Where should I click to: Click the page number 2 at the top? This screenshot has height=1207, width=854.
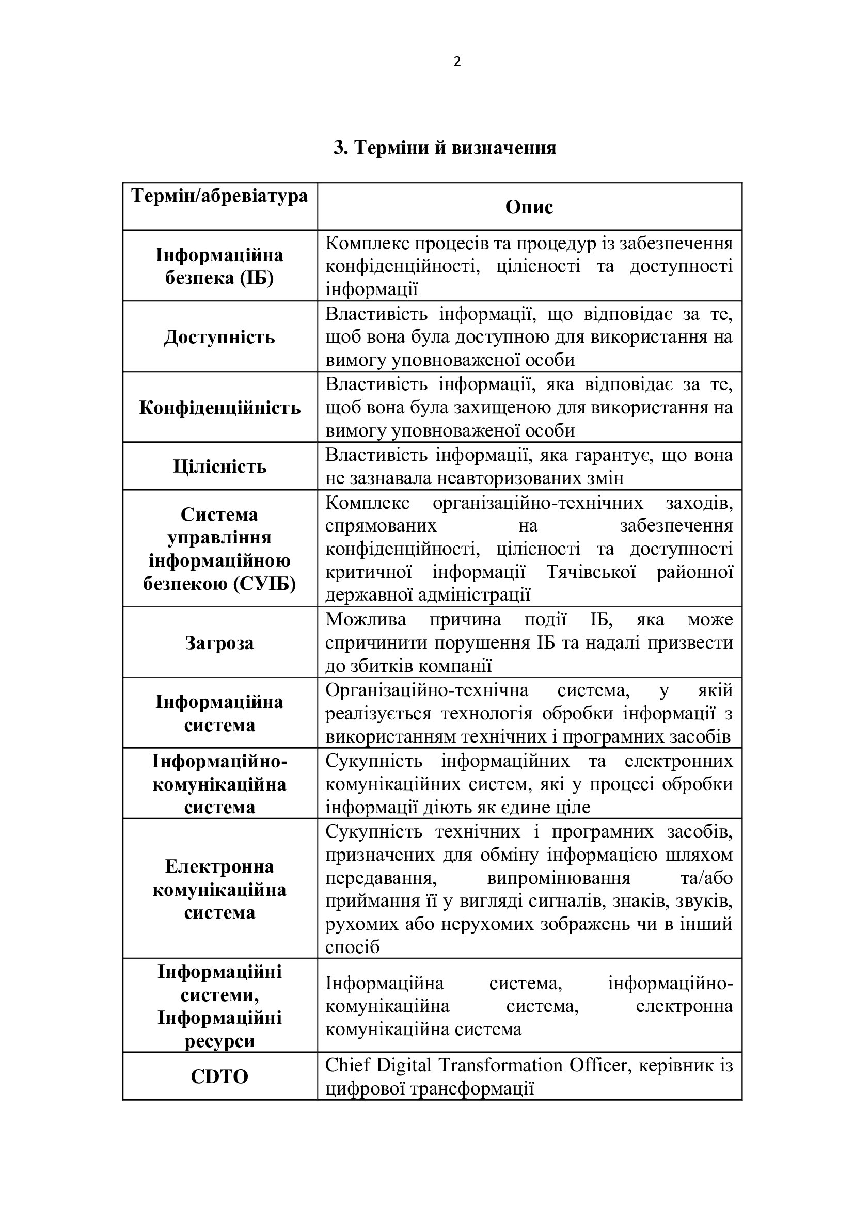point(457,62)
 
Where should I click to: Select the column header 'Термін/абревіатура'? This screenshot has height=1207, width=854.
point(220,196)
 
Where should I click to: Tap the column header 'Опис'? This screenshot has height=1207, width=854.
point(529,206)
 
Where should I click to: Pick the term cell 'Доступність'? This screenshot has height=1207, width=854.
point(219,336)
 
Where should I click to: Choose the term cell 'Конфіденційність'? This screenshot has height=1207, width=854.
point(220,408)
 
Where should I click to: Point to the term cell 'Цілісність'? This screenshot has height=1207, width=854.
point(220,466)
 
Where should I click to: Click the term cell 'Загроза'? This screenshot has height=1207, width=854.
point(219,642)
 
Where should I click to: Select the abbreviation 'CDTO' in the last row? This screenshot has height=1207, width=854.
point(219,1076)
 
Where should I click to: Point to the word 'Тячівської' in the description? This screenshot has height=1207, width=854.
point(592,571)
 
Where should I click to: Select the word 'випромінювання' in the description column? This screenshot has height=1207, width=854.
point(559,878)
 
